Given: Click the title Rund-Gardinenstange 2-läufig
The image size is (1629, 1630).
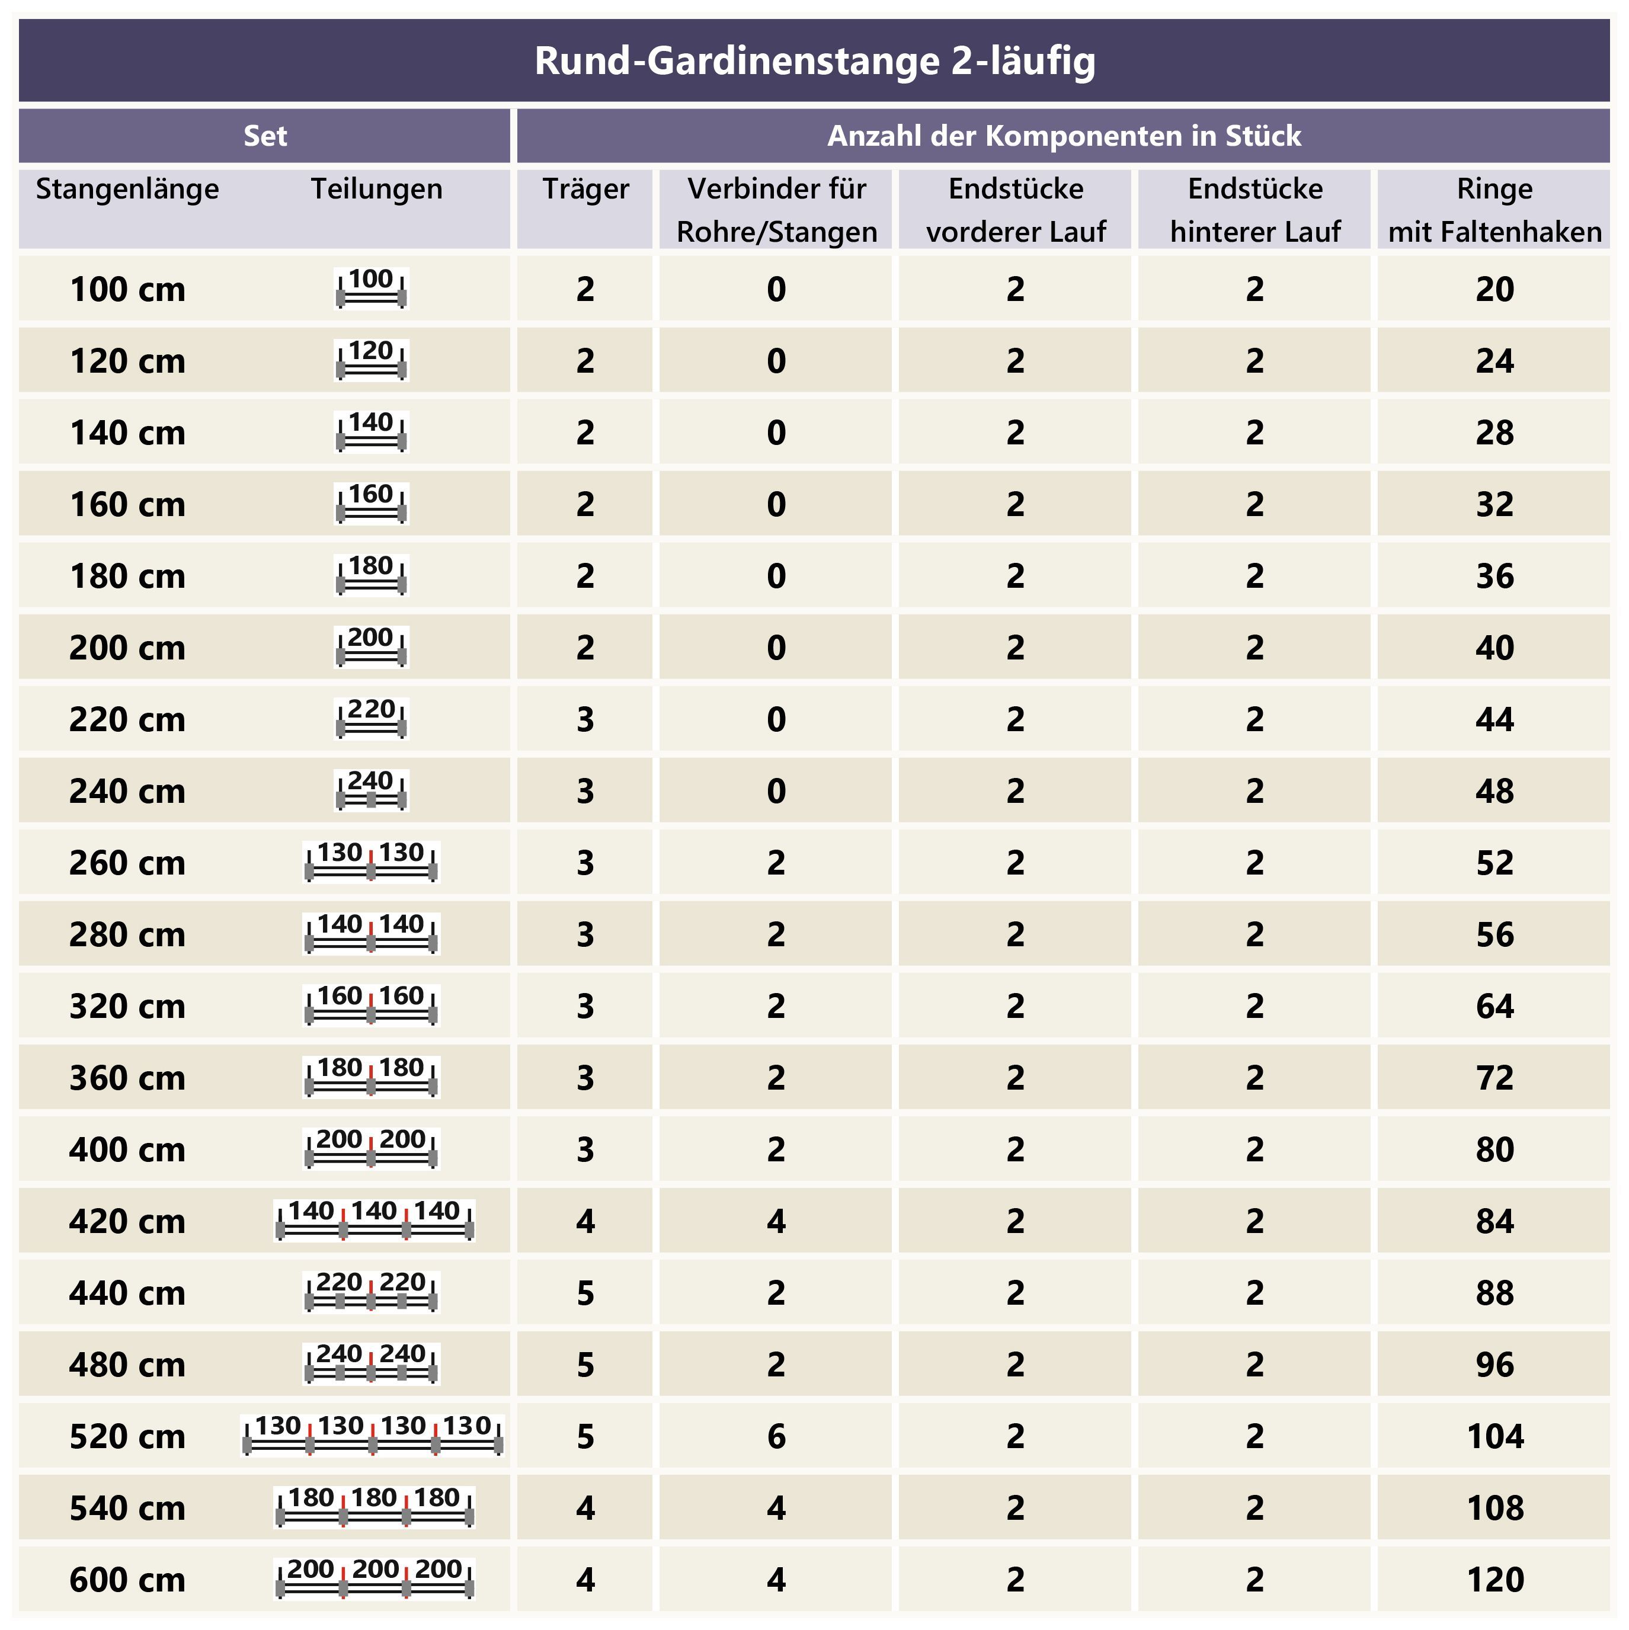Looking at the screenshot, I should (814, 61).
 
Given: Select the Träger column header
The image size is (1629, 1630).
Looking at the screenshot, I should (585, 189).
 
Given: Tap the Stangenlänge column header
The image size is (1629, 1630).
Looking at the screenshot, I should (127, 189).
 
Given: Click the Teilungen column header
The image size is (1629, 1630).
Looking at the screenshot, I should (376, 189).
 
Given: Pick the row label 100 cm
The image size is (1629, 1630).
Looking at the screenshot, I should (127, 289).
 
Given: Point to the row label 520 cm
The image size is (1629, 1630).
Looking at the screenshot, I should (127, 1436).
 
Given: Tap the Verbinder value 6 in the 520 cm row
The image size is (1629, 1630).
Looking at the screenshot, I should (776, 1436).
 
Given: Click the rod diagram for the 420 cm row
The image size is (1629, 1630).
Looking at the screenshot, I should (374, 1221).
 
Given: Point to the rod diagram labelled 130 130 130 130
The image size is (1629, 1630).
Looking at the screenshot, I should (372, 1436).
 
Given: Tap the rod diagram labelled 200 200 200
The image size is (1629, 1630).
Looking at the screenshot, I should (374, 1580).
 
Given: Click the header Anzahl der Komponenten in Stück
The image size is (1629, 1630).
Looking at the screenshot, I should (1063, 136).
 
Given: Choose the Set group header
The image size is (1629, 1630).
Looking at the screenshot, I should (265, 136).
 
